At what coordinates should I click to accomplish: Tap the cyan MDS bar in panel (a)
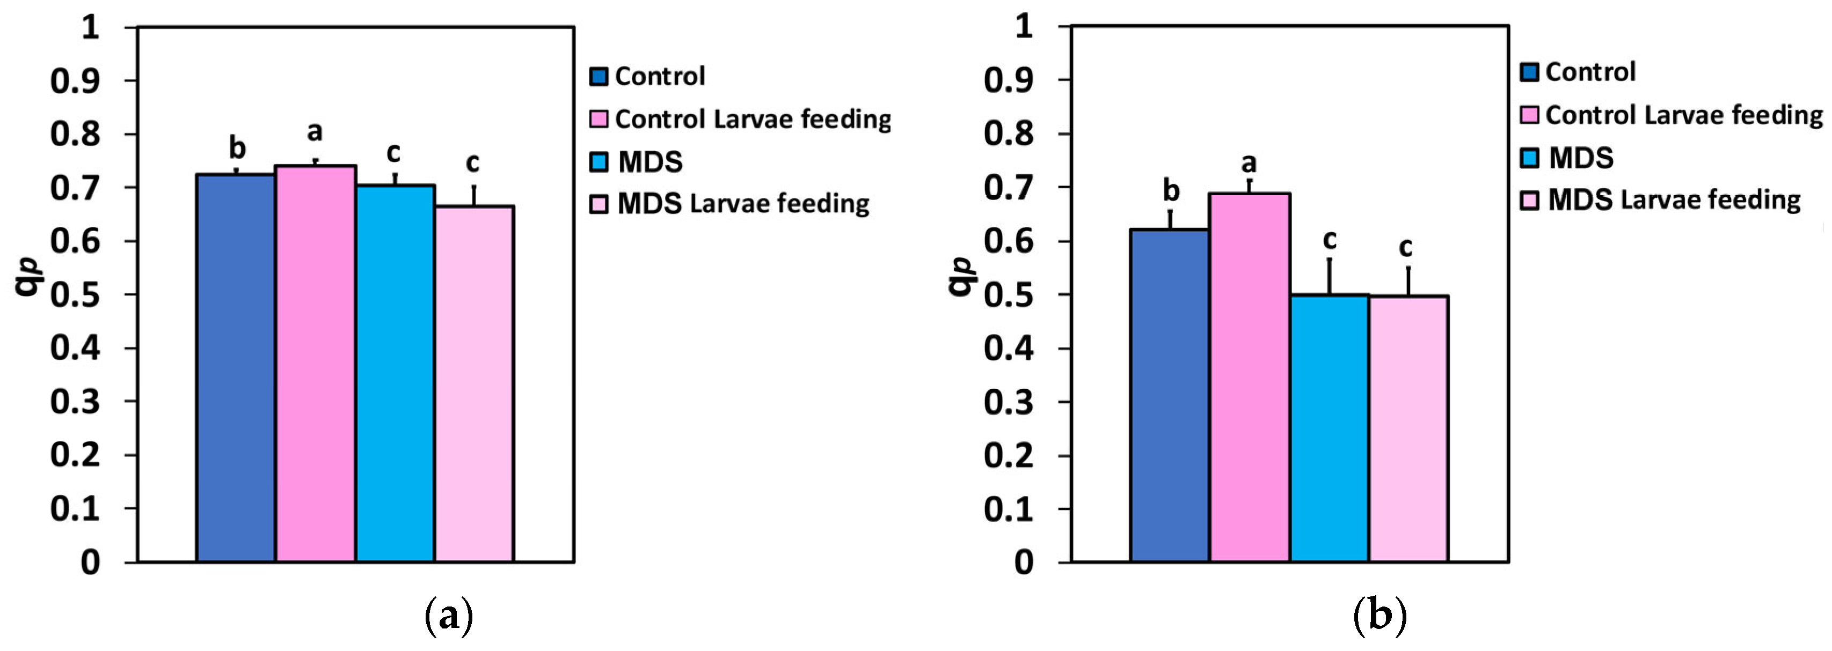(395, 373)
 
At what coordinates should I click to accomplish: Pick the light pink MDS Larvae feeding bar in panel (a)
(473, 384)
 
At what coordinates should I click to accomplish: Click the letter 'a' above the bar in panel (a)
(315, 131)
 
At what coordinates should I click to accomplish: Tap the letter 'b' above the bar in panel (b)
(1171, 190)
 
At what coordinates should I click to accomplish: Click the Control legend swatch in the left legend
(599, 77)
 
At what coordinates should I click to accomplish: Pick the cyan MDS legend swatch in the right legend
(1529, 158)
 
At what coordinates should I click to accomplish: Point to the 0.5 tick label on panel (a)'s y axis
(75, 294)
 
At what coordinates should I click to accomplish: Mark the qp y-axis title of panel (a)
(28, 277)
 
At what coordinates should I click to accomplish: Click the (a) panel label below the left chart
(448, 616)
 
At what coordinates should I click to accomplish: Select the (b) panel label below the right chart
(1379, 616)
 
